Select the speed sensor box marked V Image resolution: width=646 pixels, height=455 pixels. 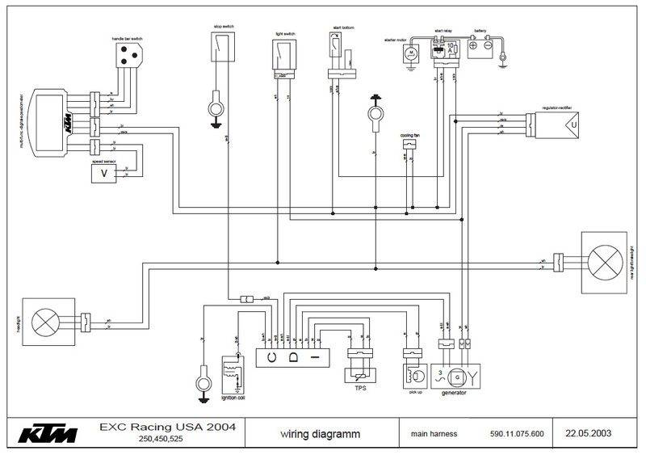tap(103, 173)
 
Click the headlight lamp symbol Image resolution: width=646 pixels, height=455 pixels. tap(43, 321)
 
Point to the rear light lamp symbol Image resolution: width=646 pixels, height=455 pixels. tap(603, 263)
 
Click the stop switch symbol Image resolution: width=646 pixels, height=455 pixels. tap(222, 50)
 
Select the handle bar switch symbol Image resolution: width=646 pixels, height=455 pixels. tap(127, 53)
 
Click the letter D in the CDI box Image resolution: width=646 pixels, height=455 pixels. tap(294, 356)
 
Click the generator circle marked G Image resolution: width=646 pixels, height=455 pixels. tap(458, 376)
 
